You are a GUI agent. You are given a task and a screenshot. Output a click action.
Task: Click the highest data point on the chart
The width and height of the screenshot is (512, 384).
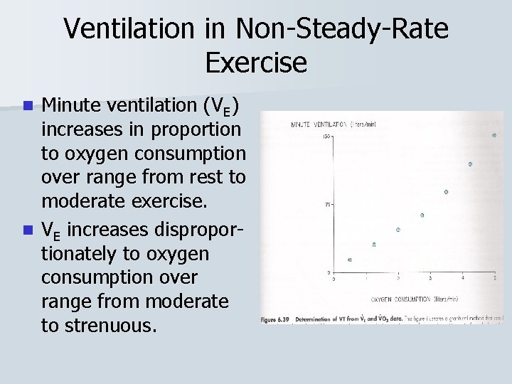tap(494, 135)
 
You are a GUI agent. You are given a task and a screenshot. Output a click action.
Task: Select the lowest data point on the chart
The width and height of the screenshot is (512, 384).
tap(349, 260)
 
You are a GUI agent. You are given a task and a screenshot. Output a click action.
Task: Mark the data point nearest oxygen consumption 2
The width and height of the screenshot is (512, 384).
tap(398, 230)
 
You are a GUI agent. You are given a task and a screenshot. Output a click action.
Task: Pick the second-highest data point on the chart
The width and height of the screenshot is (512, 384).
tap(470, 164)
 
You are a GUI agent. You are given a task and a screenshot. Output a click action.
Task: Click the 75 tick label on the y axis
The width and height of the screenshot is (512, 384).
tap(328, 204)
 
